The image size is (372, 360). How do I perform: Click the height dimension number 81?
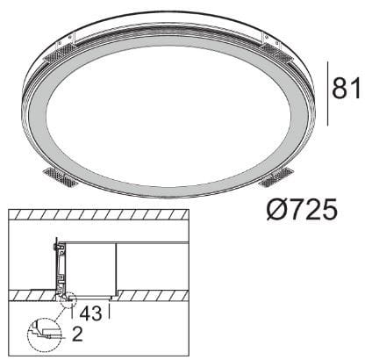pyautogui.click(x=347, y=88)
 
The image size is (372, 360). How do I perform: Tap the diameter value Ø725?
pyautogui.click(x=298, y=212)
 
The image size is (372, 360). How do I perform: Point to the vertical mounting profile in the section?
pyautogui.click(x=59, y=268)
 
